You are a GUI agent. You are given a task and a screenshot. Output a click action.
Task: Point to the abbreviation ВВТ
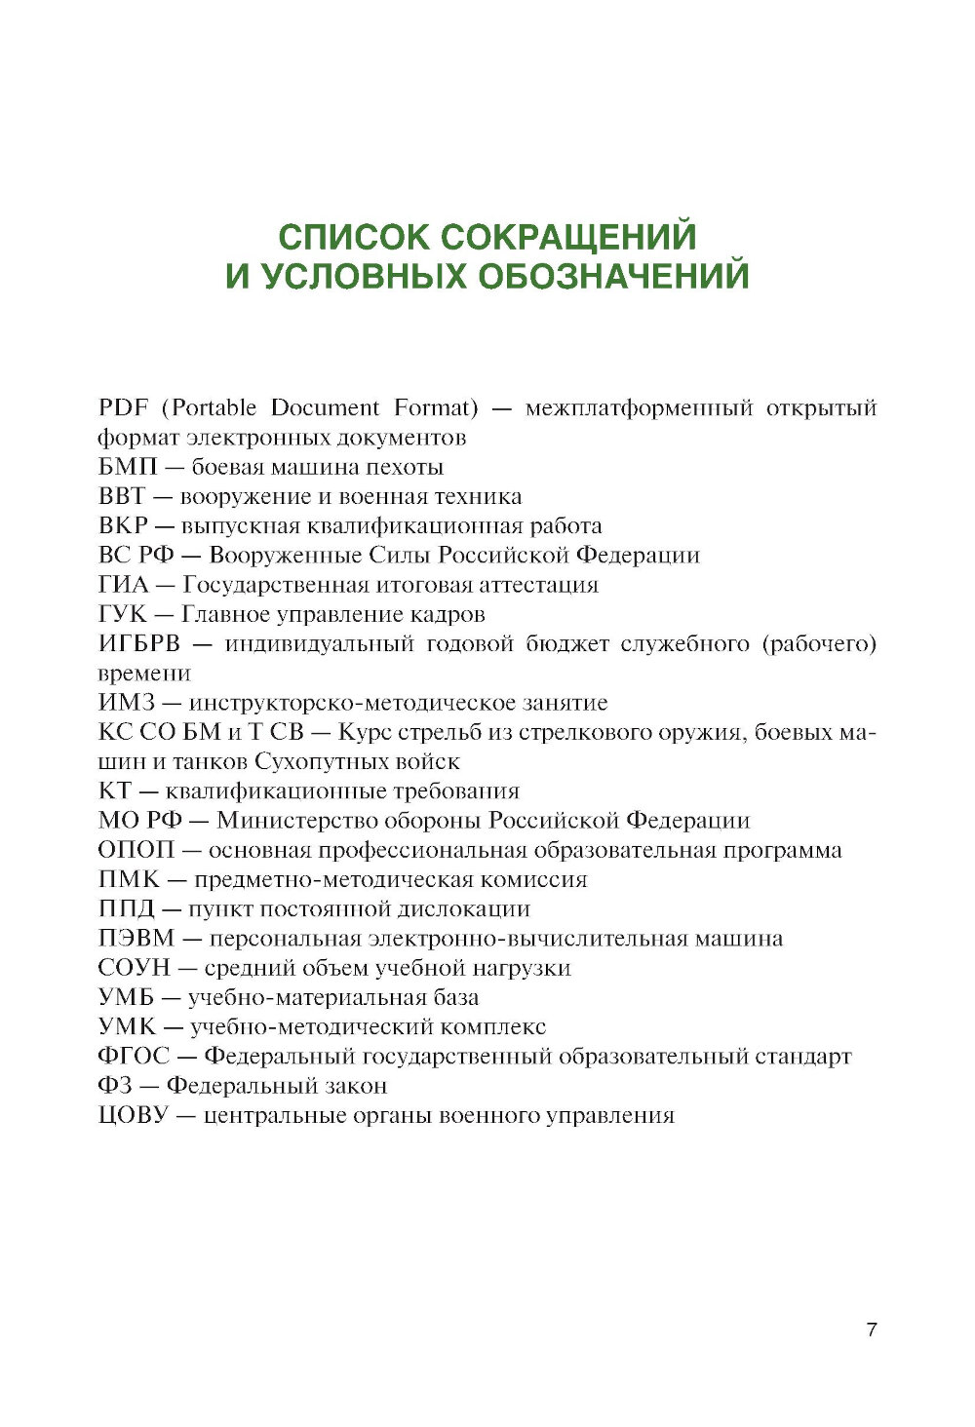click(x=121, y=496)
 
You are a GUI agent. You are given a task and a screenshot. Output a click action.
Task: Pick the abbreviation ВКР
click(x=123, y=526)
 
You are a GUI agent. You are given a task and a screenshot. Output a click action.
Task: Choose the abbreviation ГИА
click(x=123, y=585)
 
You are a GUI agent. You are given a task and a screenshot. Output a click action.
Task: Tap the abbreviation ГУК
click(x=122, y=614)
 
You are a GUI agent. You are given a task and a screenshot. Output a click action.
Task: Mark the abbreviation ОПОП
click(x=136, y=850)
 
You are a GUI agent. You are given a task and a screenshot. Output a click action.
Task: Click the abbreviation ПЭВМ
click(x=136, y=939)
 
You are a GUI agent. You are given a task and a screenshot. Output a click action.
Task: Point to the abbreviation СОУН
click(x=134, y=968)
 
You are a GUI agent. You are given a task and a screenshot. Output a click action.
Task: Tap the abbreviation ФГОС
click(x=134, y=1057)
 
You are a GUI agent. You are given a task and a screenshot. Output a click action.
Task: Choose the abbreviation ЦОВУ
click(x=134, y=1115)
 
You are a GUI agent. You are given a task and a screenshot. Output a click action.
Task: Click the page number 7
click(x=872, y=1330)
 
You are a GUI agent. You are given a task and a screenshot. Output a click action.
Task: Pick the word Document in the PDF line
click(x=325, y=407)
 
